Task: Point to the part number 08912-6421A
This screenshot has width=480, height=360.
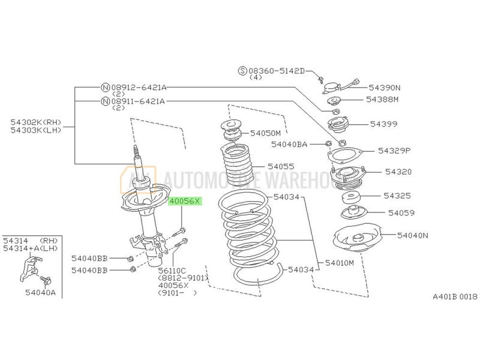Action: [x=138, y=86]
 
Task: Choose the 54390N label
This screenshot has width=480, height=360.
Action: [x=385, y=88]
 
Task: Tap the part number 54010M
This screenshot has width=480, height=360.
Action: [x=340, y=263]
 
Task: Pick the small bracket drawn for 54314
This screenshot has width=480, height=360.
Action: [x=31, y=265]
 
